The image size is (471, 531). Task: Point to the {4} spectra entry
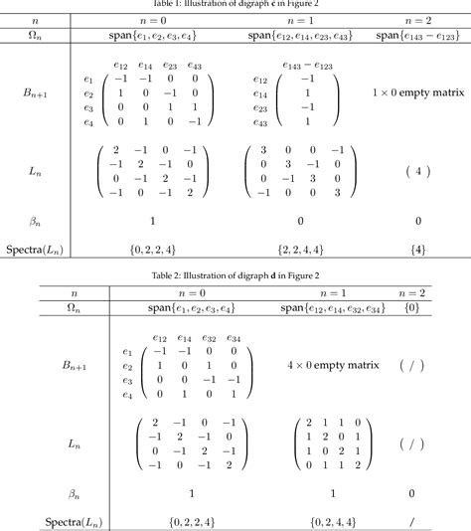coord(419,248)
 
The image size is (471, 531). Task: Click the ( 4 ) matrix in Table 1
coord(419,171)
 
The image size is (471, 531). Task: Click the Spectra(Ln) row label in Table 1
coord(38,248)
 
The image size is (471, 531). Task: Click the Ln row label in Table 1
coord(38,171)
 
